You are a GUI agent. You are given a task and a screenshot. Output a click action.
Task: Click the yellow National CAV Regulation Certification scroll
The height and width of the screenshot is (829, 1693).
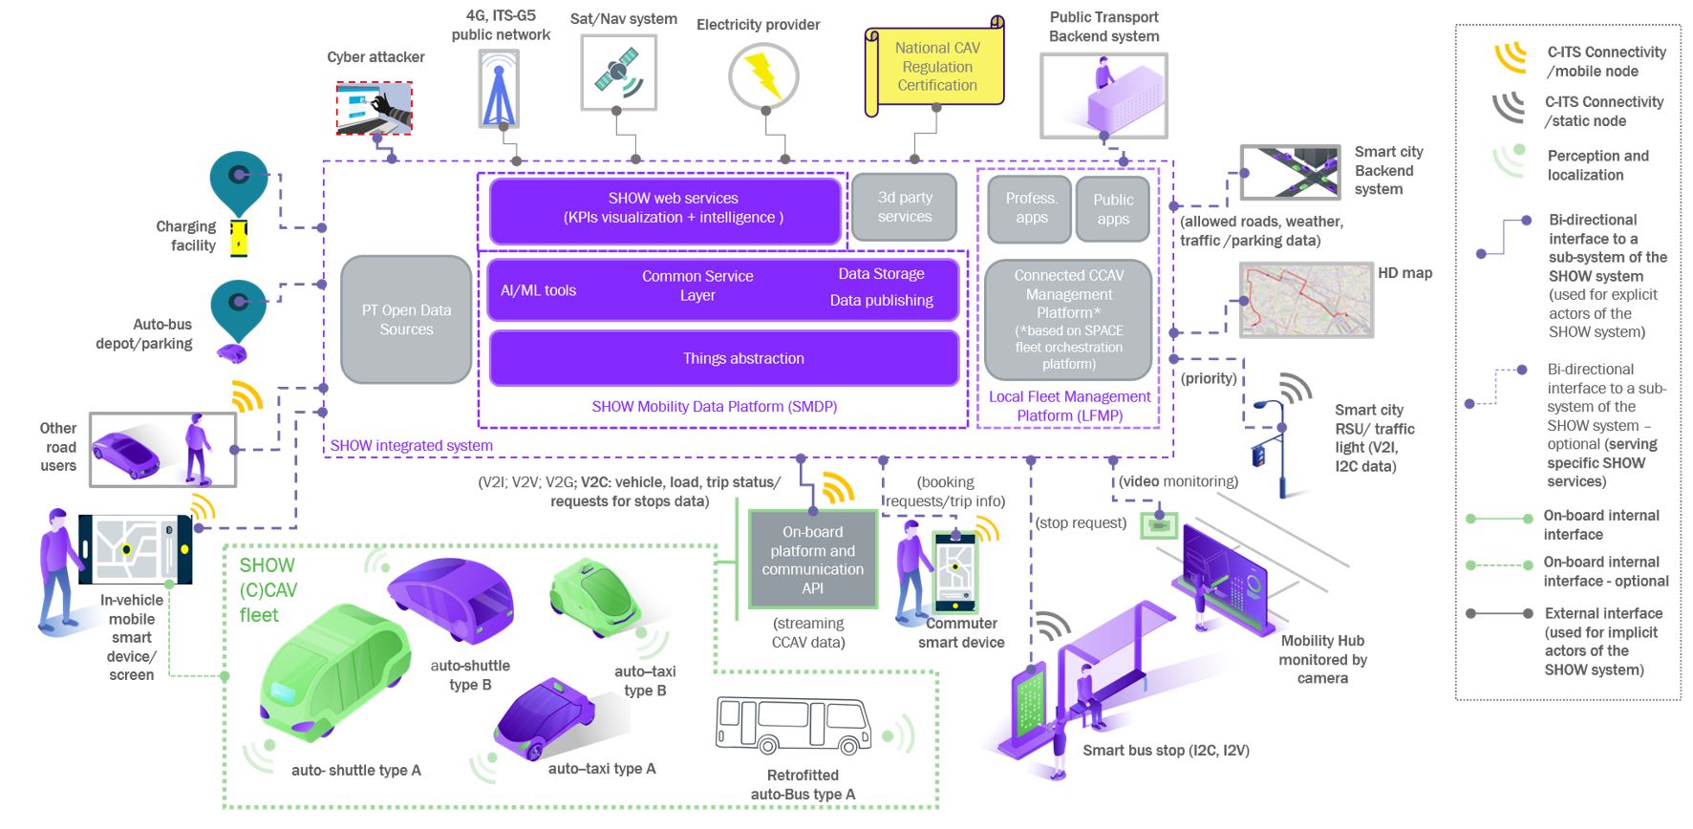pos(936,66)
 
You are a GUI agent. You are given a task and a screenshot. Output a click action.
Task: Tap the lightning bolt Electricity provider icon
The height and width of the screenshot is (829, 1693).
pos(763,76)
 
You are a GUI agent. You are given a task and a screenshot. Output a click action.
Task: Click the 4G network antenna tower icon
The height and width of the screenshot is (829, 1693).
pos(499,89)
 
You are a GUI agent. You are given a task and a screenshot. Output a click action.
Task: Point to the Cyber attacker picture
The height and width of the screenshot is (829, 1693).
pos(374,107)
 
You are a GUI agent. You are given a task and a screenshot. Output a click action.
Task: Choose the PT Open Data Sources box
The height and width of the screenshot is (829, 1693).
pos(406,319)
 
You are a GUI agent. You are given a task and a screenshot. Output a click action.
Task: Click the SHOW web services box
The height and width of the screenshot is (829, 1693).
pos(665,208)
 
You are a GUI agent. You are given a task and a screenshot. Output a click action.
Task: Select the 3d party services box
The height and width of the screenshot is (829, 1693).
pos(904,206)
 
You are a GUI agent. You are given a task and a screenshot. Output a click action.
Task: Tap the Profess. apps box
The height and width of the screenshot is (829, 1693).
pos(1031,207)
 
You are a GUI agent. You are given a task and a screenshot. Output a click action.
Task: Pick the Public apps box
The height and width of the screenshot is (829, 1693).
pos(1113,208)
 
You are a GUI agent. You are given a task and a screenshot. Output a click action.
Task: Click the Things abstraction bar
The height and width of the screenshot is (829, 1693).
pos(724,358)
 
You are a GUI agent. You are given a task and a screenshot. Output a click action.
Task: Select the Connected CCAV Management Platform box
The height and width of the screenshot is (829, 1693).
pos(1068,319)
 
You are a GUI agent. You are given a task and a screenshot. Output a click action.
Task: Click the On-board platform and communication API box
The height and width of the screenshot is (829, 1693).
pos(813,560)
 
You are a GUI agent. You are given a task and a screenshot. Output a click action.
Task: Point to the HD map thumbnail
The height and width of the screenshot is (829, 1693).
pos(1306,300)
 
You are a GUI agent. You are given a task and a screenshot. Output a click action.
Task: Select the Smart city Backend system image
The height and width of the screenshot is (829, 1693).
pos(1290,173)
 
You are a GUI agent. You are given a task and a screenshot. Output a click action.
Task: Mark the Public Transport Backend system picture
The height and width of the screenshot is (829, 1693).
pos(1104,96)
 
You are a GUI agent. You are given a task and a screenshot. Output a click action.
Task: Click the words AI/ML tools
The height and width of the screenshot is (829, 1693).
pos(538,290)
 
